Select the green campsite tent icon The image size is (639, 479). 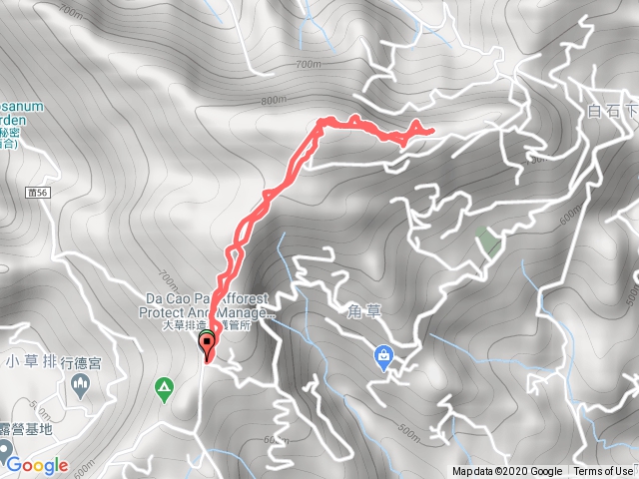pyautogui.click(x=163, y=385)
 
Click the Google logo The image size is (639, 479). pyautogui.click(x=36, y=465)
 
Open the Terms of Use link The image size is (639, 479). pyautogui.click(x=602, y=472)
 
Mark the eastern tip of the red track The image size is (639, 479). pyautogui.click(x=430, y=131)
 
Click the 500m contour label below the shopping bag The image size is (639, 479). pyautogui.click(x=408, y=431)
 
